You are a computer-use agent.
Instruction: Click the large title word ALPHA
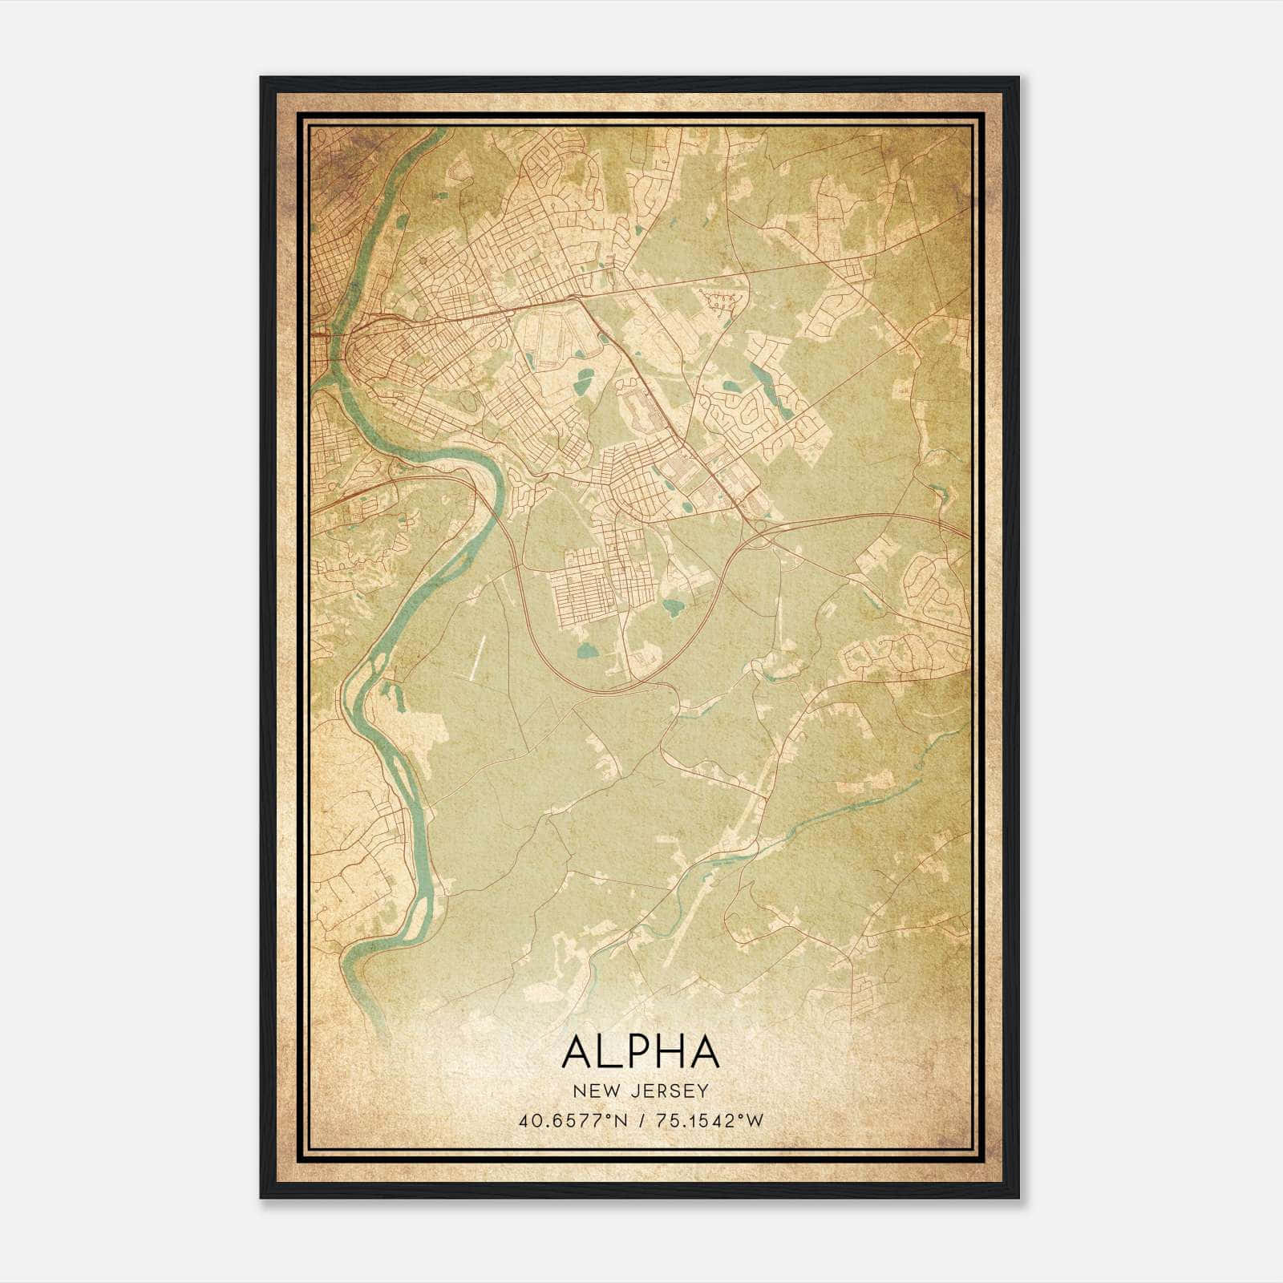(x=641, y=1051)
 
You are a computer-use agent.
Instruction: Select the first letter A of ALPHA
(x=578, y=1051)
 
